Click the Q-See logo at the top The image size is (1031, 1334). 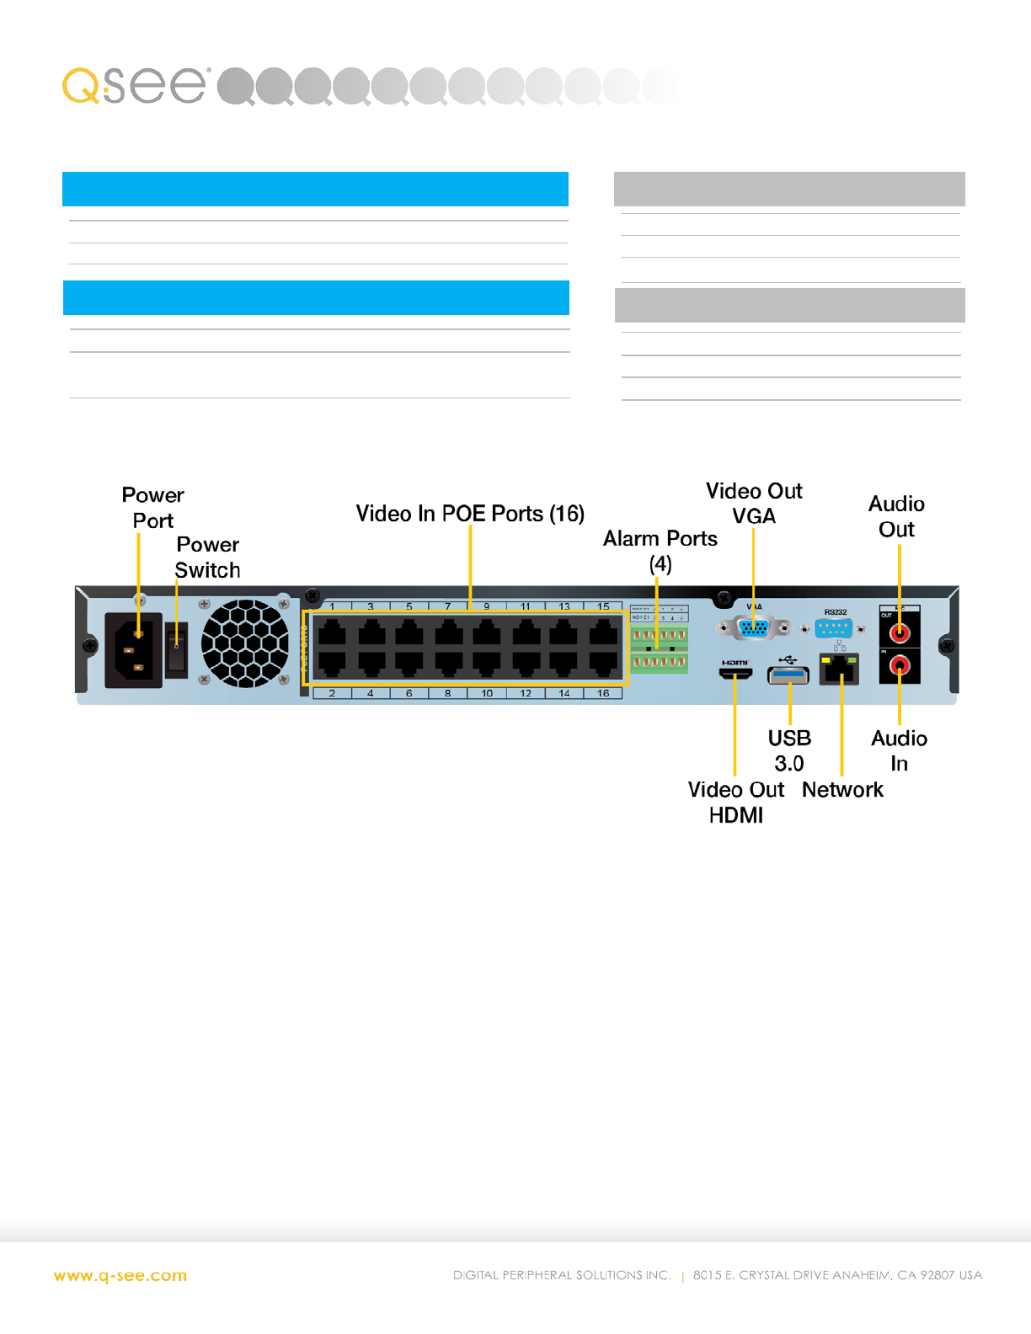[x=135, y=85]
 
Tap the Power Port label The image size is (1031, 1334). [x=152, y=508]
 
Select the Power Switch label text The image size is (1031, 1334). [x=207, y=558]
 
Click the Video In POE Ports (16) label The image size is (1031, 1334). [x=470, y=514]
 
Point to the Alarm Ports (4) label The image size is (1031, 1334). [x=660, y=551]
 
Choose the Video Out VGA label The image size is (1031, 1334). [x=754, y=504]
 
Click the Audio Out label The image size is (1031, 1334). [x=896, y=516]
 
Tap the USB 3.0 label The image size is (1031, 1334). [x=789, y=750]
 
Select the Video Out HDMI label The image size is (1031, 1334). [x=735, y=802]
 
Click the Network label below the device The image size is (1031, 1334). [x=842, y=790]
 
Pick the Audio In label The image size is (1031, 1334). [x=899, y=750]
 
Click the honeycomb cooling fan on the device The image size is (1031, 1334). [x=245, y=643]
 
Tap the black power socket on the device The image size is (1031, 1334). [x=133, y=651]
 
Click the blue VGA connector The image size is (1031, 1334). [x=754, y=627]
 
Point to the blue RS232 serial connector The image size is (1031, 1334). [x=833, y=628]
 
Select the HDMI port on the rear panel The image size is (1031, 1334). [x=735, y=674]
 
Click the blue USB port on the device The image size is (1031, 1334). [x=788, y=675]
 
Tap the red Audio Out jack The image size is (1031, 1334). [x=900, y=632]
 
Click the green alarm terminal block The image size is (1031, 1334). [x=659, y=649]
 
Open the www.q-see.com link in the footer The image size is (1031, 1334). [x=120, y=1276]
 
